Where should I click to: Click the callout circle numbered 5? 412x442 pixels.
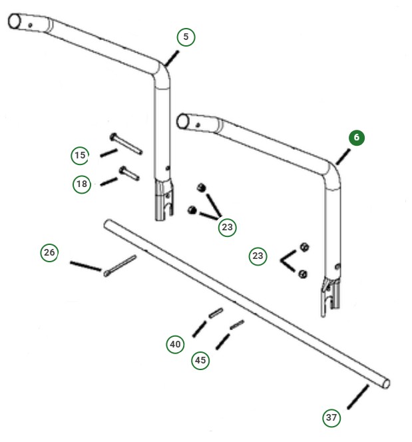coord(186,37)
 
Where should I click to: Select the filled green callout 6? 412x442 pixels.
coord(356,138)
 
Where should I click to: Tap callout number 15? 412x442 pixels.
coord(81,156)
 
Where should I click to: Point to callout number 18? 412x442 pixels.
coord(82,184)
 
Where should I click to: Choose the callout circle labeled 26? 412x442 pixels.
coord(49,253)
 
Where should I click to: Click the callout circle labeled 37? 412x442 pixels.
coord(331,418)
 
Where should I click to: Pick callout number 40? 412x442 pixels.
coord(175,344)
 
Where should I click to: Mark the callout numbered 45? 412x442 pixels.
coord(200,360)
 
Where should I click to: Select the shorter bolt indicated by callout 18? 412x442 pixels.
coord(128,174)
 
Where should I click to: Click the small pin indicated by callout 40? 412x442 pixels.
coord(215,312)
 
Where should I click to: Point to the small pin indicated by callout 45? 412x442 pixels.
coord(237,324)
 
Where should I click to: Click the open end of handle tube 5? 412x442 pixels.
coord(15,21)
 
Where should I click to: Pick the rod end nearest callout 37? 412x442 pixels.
coord(385,384)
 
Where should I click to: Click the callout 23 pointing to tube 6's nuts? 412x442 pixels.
coord(258,256)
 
